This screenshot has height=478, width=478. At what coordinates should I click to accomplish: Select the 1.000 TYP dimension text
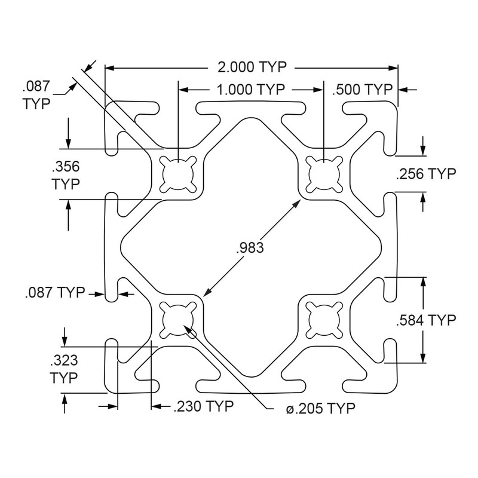250,90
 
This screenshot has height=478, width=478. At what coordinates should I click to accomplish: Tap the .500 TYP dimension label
363,90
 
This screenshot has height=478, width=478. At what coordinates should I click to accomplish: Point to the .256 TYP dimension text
426,174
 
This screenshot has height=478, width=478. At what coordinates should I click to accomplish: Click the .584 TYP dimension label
426,320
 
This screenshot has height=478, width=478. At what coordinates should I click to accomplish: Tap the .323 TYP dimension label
64,369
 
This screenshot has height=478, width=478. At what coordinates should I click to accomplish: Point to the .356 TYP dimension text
66,174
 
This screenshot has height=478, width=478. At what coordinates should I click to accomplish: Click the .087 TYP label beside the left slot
56,293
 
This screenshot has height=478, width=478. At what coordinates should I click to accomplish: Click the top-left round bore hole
178,174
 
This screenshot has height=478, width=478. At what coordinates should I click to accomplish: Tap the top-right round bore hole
323,174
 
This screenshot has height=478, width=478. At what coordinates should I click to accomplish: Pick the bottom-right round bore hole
323,319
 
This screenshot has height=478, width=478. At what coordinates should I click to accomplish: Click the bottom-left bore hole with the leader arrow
178,319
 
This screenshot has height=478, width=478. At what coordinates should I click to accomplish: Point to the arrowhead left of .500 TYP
328,90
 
